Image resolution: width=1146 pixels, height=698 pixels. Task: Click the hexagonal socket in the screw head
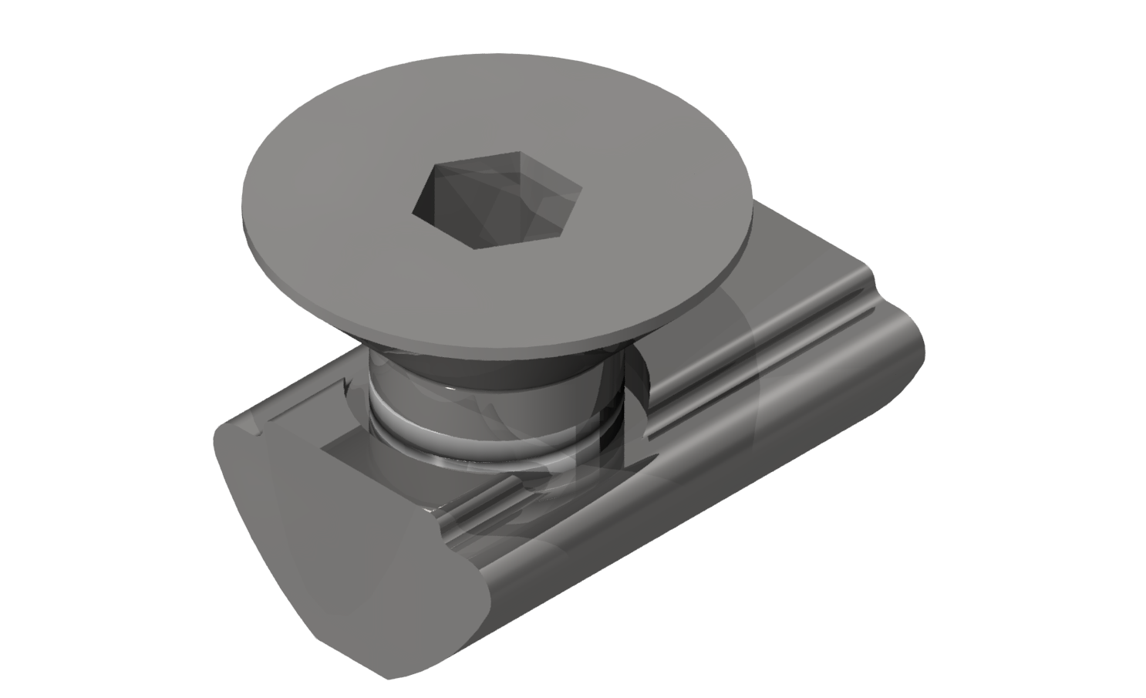tap(494, 202)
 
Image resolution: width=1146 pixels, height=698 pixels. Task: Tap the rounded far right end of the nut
tap(910, 339)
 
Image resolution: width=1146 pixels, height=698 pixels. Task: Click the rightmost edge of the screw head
tap(751, 231)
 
